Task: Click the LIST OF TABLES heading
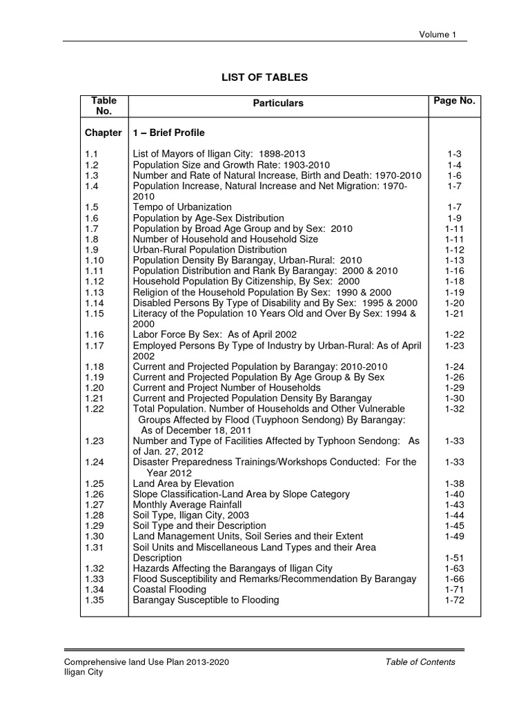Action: (x=265, y=77)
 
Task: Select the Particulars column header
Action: (x=278, y=103)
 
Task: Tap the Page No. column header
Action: (x=454, y=101)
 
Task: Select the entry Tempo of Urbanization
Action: (x=182, y=207)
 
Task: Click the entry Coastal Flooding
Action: (x=170, y=590)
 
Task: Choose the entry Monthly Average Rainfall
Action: (x=188, y=505)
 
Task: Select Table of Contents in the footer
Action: (x=420, y=662)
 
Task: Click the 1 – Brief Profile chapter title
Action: (x=169, y=133)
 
